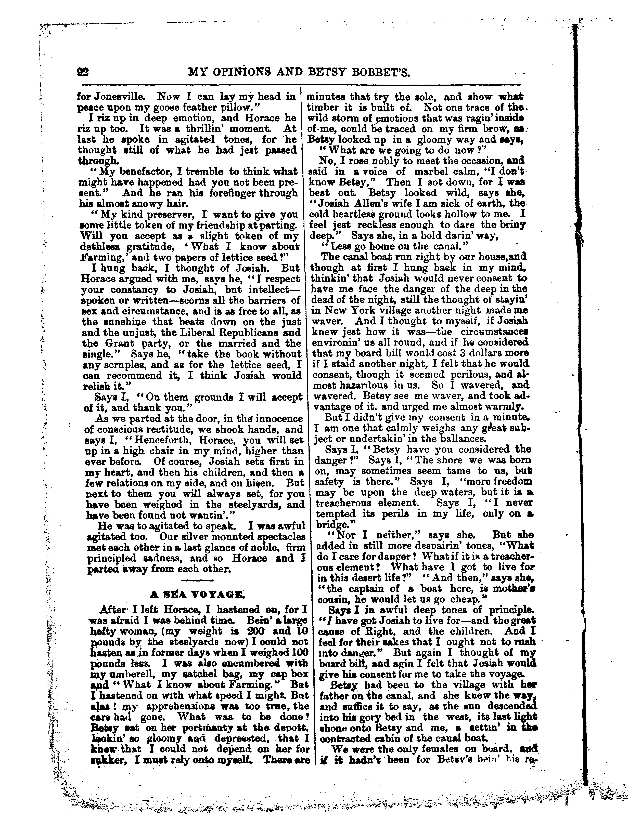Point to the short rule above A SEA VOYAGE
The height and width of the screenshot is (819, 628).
[197, 580]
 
